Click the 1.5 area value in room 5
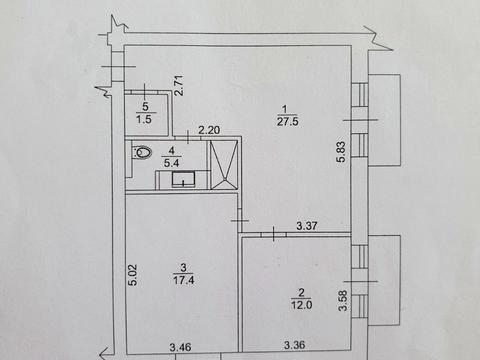pyautogui.click(x=146, y=119)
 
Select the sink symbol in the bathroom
pyautogui.click(x=183, y=179)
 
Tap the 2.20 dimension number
pyautogui.click(x=208, y=130)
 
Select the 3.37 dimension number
pyautogui.click(x=309, y=227)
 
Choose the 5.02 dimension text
pyautogui.click(x=131, y=275)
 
